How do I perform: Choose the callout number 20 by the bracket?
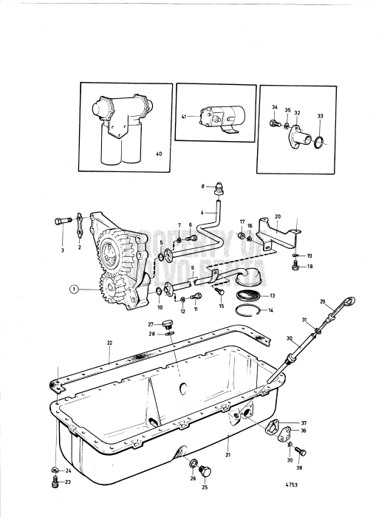pyautogui.click(x=278, y=218)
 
